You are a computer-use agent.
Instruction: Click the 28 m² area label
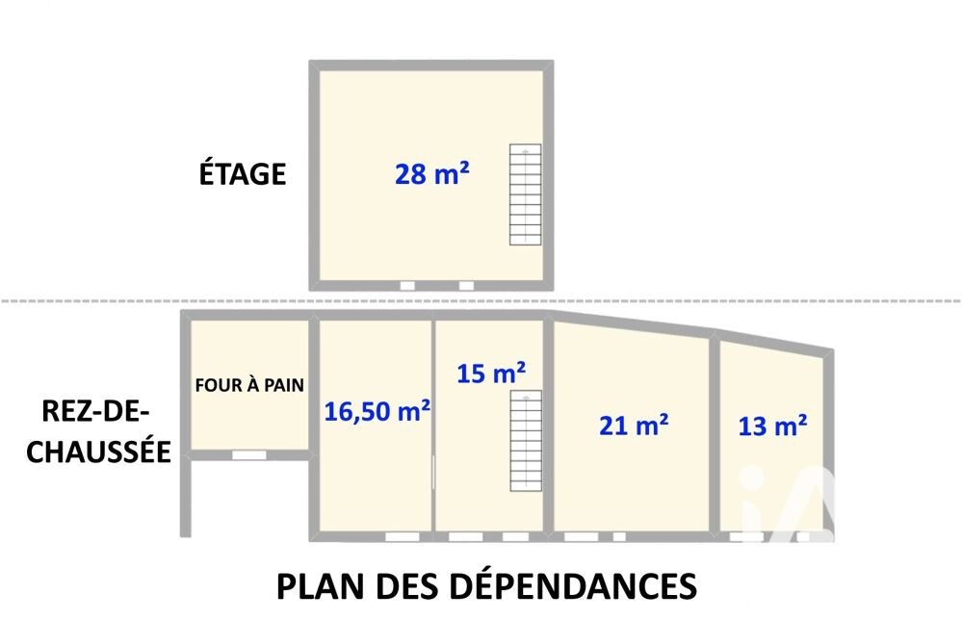(x=431, y=173)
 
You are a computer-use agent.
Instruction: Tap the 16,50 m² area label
(x=377, y=411)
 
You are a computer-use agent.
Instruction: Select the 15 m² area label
(x=491, y=373)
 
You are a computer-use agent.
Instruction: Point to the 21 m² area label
(x=634, y=425)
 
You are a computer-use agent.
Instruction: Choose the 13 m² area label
(x=772, y=426)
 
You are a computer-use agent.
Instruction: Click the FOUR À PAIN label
(x=249, y=385)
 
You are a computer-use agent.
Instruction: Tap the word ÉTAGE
(x=242, y=172)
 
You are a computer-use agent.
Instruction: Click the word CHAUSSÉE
(x=98, y=452)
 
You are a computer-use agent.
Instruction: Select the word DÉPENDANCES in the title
(x=573, y=585)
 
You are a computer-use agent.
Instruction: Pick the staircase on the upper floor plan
(x=525, y=194)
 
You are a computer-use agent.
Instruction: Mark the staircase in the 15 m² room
(x=526, y=441)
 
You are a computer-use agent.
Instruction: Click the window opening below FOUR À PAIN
(x=248, y=454)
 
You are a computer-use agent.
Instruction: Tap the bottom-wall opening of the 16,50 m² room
(x=403, y=536)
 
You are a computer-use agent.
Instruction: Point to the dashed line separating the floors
(x=481, y=300)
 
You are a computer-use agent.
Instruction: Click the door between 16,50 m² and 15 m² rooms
(x=433, y=472)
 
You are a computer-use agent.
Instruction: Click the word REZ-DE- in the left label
(x=95, y=411)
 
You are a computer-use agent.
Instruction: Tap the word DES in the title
(x=406, y=586)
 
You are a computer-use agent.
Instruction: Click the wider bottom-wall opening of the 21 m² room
(x=581, y=536)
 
